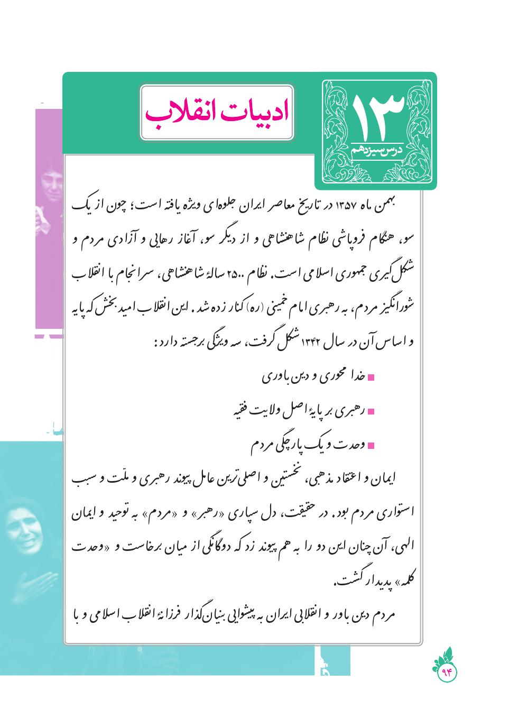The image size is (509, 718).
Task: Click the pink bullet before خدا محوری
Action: (371, 378)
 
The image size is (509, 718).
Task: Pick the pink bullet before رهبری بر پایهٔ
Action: (371, 411)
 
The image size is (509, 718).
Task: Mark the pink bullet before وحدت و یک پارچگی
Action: (371, 445)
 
